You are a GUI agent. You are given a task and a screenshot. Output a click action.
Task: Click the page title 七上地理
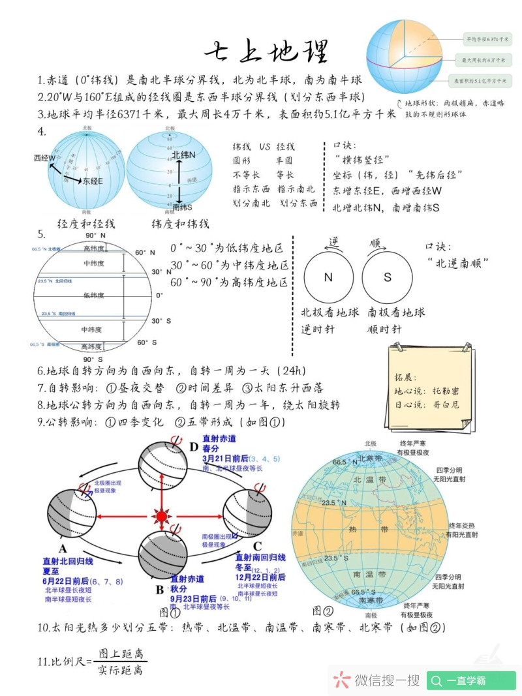(x=266, y=52)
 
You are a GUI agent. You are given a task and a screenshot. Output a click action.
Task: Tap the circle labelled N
(x=328, y=277)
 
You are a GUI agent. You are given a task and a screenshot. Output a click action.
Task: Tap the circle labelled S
(x=388, y=277)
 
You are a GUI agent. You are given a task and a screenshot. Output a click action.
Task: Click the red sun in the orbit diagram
(x=161, y=516)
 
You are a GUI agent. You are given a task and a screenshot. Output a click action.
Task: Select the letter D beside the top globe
(x=193, y=447)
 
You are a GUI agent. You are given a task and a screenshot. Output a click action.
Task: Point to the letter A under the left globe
(x=63, y=548)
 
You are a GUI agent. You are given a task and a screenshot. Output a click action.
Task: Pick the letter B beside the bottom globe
(x=159, y=590)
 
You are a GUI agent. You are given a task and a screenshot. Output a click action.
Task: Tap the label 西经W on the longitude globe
(x=45, y=158)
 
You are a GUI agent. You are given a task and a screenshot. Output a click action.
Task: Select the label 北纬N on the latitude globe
(x=184, y=155)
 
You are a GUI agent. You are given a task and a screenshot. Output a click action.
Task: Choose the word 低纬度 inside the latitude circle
(x=94, y=295)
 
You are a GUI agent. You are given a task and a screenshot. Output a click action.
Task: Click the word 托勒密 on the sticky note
(x=446, y=391)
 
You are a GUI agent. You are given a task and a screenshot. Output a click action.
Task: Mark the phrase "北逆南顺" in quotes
(x=459, y=262)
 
